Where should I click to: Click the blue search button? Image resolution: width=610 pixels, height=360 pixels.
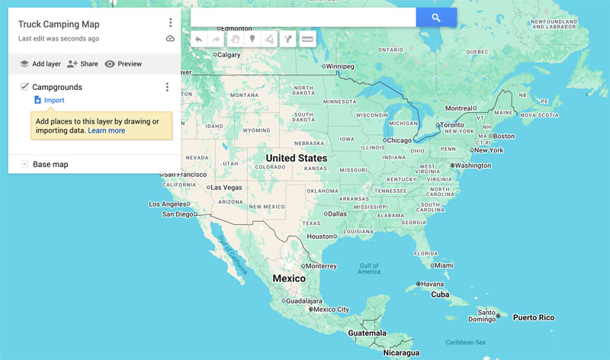[436, 18]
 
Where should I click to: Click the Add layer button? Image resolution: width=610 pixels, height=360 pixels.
[40, 64]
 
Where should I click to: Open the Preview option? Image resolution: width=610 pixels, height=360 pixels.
[123, 64]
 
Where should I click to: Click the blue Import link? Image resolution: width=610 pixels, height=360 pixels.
[53, 100]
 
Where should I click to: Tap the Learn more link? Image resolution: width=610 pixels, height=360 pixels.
[106, 130]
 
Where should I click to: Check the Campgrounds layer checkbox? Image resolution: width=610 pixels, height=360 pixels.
[24, 87]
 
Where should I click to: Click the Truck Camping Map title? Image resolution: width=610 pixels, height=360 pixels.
[59, 24]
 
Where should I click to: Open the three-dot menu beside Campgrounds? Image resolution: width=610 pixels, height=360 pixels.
[167, 87]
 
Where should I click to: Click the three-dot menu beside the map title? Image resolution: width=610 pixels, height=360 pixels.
[170, 23]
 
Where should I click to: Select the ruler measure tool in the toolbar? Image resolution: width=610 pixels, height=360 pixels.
[307, 39]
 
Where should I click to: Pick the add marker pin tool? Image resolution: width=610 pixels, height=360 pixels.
[252, 39]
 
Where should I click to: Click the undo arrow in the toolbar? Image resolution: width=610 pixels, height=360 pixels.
[199, 39]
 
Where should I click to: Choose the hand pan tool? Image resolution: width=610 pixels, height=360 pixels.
[235, 39]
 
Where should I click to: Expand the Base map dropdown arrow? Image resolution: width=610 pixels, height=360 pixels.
[24, 164]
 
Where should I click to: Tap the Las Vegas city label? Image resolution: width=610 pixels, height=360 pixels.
[226, 187]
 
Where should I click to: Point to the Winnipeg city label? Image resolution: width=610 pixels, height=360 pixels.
[341, 66]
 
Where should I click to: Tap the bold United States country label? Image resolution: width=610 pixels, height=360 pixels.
[296, 159]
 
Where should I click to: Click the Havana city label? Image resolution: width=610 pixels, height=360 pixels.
[432, 284]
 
